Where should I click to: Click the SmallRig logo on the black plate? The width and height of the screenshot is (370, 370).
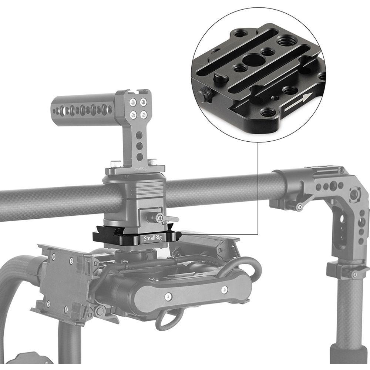coord(153,238)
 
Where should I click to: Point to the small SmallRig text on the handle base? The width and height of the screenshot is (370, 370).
coord(140,169)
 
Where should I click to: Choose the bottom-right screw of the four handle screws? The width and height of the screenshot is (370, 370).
coord(144,115)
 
